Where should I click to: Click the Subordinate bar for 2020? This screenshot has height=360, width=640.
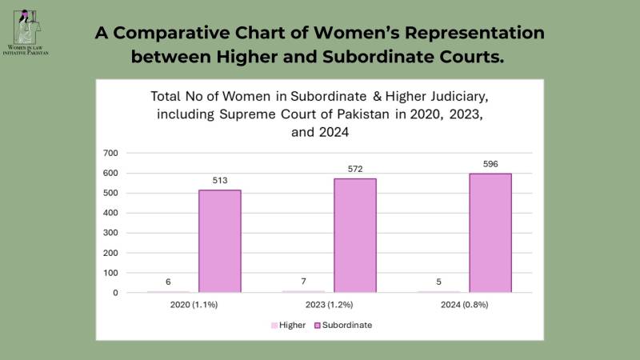[x=219, y=242]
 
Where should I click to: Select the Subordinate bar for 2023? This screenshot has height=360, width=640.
[x=355, y=235]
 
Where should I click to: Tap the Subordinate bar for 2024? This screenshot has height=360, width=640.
[x=490, y=233]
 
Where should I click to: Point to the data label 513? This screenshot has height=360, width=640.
[x=219, y=181]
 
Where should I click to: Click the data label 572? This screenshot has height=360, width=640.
[x=355, y=169]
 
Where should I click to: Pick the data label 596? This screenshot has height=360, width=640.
[x=490, y=164]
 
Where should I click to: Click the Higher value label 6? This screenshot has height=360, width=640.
[x=168, y=282]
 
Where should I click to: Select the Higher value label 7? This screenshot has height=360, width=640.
[x=303, y=282]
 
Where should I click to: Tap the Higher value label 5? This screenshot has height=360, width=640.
[x=438, y=282]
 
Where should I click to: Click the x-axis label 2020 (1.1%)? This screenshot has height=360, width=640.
[x=194, y=305]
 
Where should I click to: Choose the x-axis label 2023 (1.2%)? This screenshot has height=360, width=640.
[x=329, y=305]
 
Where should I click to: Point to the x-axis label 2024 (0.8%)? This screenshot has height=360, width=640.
[x=465, y=305]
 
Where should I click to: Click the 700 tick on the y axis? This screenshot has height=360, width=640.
[x=110, y=153]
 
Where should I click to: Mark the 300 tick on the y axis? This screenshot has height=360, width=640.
[x=110, y=233]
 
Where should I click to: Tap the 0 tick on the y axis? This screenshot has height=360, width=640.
[x=115, y=293]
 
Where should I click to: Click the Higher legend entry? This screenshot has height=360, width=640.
[x=289, y=326]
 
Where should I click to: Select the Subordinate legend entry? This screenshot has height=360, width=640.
[x=343, y=326]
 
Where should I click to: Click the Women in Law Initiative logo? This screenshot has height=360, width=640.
[x=26, y=33]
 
